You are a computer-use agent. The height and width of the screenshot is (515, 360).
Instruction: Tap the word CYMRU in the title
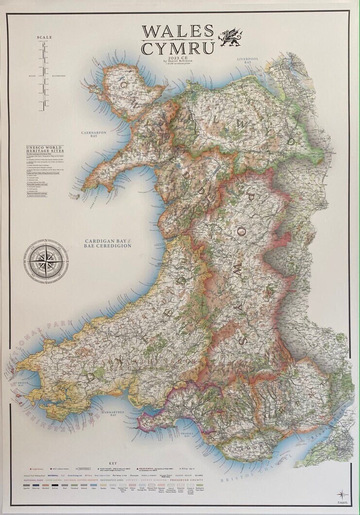178,49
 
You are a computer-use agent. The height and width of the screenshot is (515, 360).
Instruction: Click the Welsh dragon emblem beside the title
230,37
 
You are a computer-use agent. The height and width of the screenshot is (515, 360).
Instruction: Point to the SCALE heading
44,37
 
